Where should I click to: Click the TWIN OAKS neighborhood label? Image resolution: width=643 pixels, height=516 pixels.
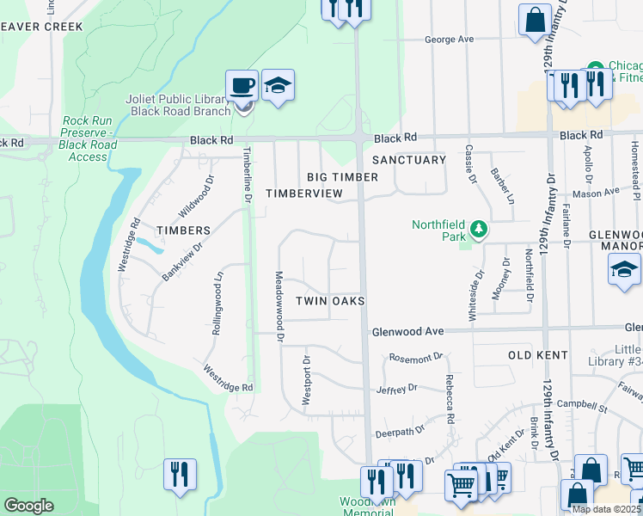pos(331,301)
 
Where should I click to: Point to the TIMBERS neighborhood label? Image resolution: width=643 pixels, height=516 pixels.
pos(183,230)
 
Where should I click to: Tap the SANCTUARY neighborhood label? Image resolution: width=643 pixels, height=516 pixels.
pos(409,160)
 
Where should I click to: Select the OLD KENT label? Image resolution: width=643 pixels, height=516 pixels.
pos(538,355)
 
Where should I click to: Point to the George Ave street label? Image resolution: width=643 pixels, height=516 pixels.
pos(450,40)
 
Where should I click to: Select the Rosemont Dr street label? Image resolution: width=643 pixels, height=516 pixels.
pos(415,356)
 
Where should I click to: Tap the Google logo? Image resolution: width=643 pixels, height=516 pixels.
pos(28,506)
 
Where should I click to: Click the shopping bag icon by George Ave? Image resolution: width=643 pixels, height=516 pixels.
pos(535,21)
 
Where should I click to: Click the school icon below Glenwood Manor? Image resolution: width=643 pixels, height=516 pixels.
pos(624,271)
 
